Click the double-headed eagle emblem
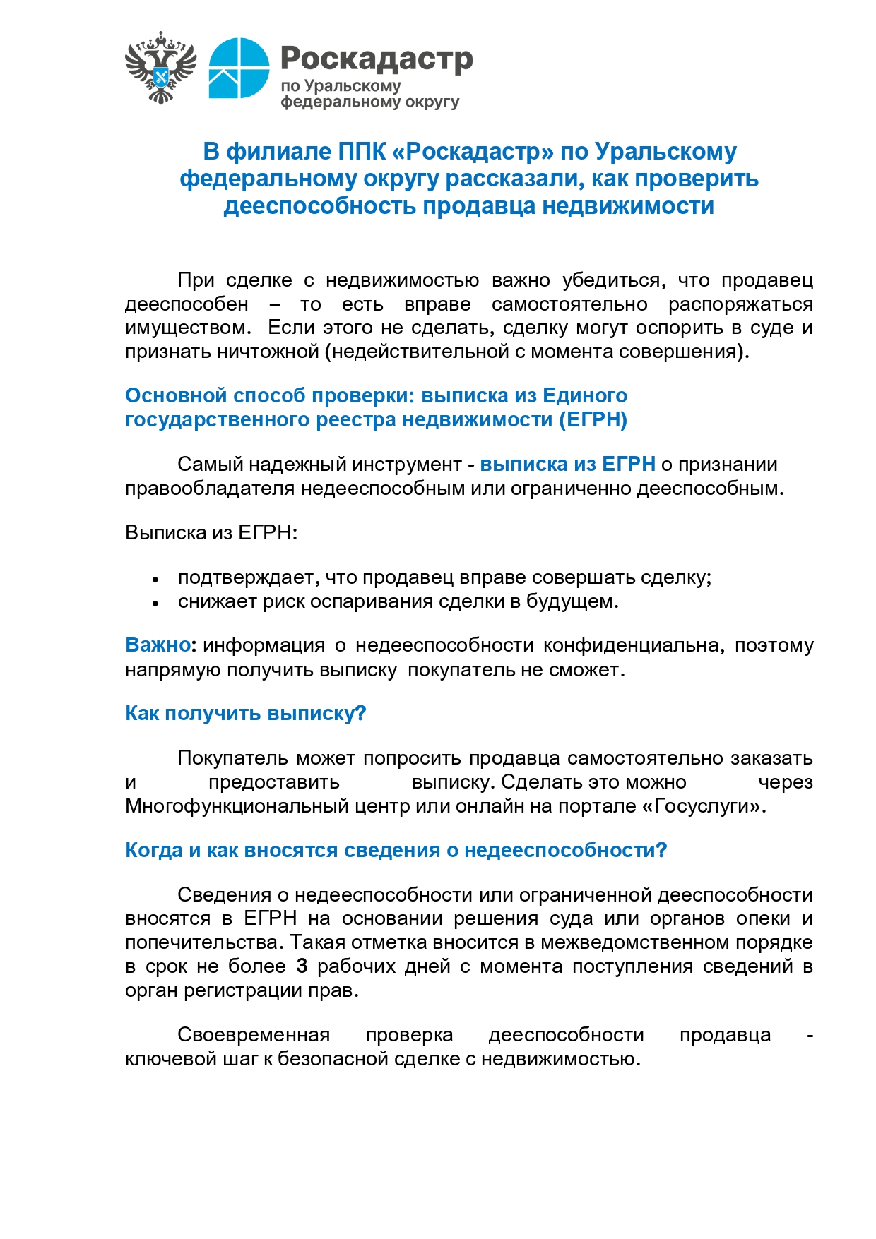[160, 68]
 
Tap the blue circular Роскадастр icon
[239, 68]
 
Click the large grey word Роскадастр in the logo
[377, 59]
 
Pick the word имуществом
[188, 328]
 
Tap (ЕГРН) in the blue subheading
[593, 419]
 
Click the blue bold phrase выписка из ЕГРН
[567, 465]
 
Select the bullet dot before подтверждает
[155, 579]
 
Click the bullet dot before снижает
[155, 603]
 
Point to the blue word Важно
[158, 645]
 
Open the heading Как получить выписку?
[245, 713]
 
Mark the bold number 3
[302, 966]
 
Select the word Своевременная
[254, 1034]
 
